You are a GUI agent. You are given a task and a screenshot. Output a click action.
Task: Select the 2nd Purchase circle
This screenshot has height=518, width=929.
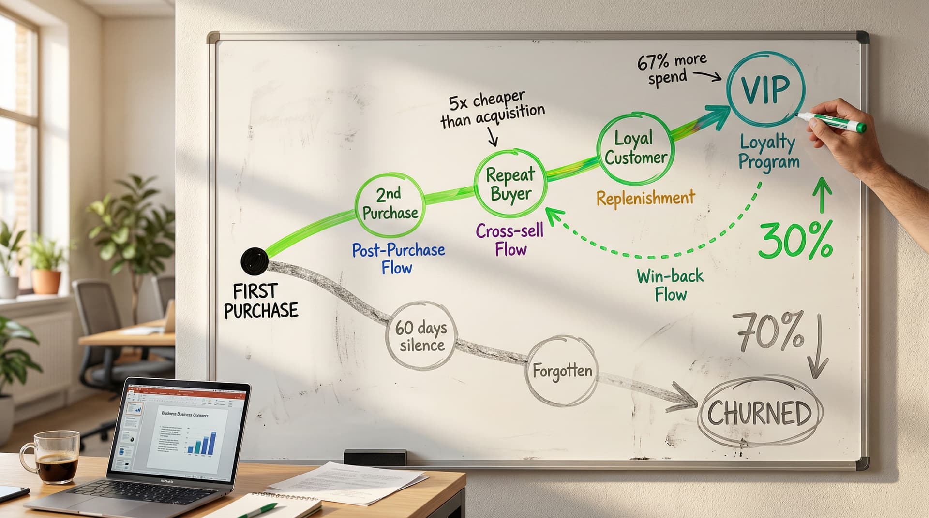tap(390, 203)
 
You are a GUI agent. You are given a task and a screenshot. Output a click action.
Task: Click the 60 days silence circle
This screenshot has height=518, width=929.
tap(420, 336)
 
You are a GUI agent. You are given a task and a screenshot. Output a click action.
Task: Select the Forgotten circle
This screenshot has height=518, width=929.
tap(562, 371)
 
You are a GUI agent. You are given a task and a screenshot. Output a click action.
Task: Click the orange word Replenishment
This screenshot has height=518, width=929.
tap(645, 198)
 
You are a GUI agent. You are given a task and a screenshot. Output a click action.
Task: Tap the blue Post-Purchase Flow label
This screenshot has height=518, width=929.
tap(398, 259)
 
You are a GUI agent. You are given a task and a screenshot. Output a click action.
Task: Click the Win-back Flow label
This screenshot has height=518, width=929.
tap(670, 285)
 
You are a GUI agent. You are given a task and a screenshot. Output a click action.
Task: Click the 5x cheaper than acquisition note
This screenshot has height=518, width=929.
tap(492, 110)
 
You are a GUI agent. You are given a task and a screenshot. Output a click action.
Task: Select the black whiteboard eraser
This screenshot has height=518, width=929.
tap(375, 457)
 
